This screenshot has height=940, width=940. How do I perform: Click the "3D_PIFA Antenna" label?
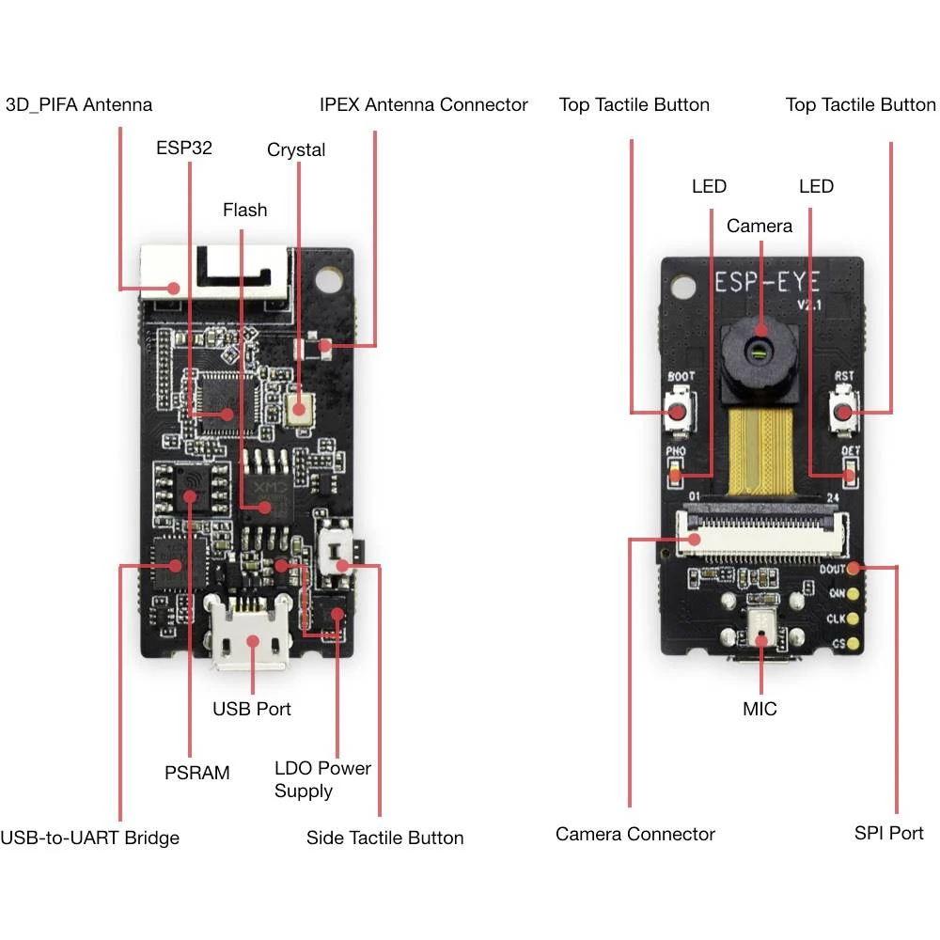tap(79, 104)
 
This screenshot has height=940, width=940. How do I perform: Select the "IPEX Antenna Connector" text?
tap(423, 104)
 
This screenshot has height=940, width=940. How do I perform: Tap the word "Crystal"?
tap(296, 149)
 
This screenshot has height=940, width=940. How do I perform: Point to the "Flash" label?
tap(244, 210)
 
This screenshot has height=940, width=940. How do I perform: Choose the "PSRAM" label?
tap(196, 773)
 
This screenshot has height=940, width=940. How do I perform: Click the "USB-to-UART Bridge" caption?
tap(90, 838)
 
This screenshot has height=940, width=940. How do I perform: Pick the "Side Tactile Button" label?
tap(384, 838)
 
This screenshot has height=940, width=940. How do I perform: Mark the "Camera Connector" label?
tap(634, 834)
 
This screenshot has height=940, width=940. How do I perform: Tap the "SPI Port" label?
tap(888, 833)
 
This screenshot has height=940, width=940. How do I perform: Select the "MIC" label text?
tap(760, 709)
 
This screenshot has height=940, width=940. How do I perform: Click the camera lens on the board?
tap(760, 352)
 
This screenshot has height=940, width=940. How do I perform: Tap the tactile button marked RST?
tap(845, 413)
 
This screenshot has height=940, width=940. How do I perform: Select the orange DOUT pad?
tap(854, 568)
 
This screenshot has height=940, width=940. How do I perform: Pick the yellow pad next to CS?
tap(854, 644)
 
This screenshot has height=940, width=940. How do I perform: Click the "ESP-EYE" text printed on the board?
tap(768, 282)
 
